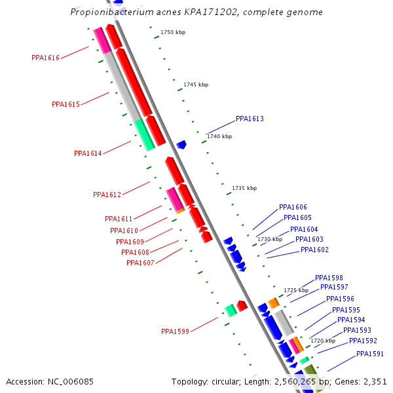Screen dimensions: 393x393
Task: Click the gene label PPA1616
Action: [45, 58]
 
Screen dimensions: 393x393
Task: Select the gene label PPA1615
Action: [65, 104]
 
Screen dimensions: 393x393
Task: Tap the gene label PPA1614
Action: [88, 153]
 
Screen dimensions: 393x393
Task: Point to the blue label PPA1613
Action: [250, 119]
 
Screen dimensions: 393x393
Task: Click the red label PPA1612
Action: [107, 195]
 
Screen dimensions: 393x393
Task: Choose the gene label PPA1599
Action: [175, 331]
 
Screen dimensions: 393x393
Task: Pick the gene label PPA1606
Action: [293, 207]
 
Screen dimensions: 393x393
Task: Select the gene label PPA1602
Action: [314, 250]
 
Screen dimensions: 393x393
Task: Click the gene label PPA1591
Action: [370, 354]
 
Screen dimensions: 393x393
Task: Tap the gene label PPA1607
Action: [140, 263]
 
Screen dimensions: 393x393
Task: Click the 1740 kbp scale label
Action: [219, 136]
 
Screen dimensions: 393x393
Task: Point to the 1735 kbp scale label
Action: [244, 188]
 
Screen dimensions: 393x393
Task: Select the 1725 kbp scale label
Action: [296, 290]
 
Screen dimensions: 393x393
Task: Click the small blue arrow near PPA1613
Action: [181, 144]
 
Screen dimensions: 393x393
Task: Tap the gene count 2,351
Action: [371, 381]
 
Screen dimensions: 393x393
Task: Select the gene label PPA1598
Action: [329, 278]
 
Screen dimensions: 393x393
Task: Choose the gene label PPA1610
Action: [124, 231]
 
